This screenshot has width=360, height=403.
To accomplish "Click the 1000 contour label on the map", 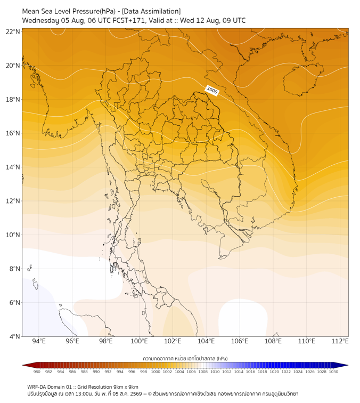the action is coord(212,90).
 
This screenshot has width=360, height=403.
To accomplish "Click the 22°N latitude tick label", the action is coord(13,31).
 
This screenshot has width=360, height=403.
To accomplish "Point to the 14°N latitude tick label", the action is coord(13,167).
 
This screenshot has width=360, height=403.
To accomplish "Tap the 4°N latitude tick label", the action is coord(14,336).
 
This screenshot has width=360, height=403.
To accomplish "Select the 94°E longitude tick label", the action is coord(39,341).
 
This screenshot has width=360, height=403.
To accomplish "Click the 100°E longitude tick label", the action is coord(139,341).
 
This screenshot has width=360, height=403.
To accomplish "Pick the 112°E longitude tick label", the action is coord(340,341).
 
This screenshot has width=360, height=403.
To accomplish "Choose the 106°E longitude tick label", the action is coord(240,341).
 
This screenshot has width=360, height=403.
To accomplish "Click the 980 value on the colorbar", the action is coord(37,372).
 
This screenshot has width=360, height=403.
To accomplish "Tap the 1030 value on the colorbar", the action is coord(333,372).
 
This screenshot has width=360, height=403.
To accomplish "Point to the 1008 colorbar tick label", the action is coord(203,372).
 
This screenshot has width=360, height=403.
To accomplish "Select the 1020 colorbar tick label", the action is coord(274,372).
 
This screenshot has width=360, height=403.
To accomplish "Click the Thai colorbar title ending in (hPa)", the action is coord(185,358).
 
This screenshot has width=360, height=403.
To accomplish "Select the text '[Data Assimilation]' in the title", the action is coord(151,11).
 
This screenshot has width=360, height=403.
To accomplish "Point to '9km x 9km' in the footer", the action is coord(126,387).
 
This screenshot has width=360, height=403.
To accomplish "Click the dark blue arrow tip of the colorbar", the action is coord(348,365).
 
